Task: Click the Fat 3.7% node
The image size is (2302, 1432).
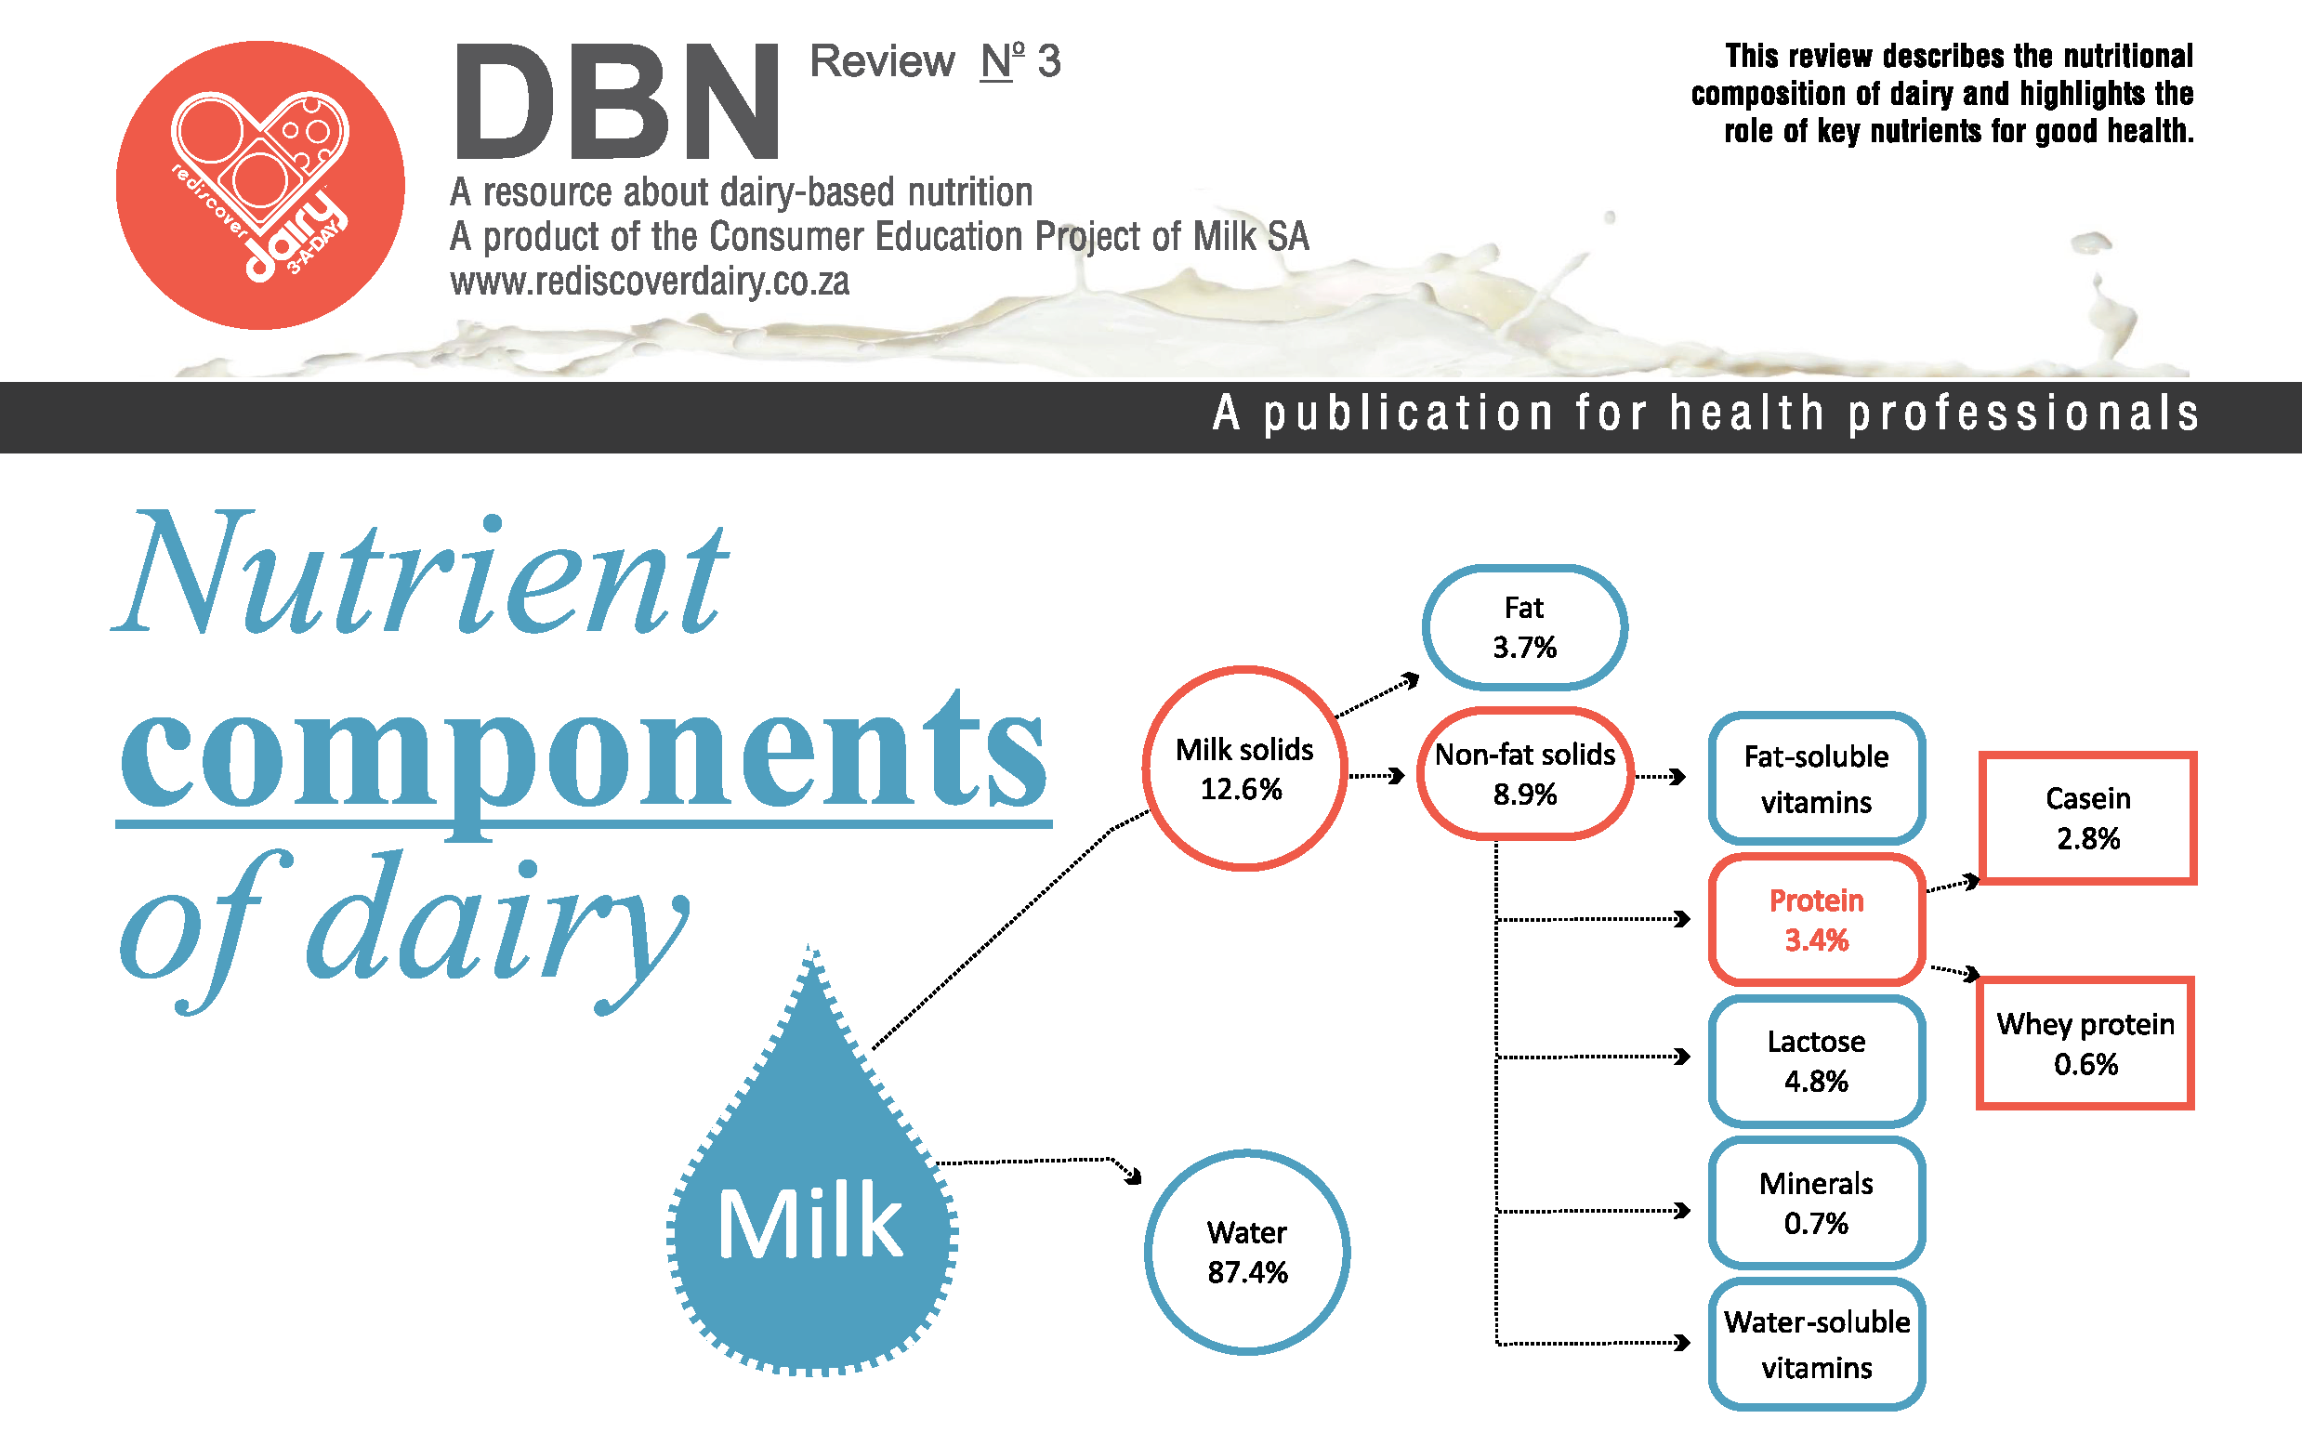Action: pyautogui.click(x=1523, y=627)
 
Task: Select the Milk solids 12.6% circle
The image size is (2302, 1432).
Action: pyautogui.click(x=1244, y=769)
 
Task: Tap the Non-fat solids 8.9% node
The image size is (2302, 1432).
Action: pyautogui.click(x=1524, y=774)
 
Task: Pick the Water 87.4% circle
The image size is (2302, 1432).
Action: pyautogui.click(x=1247, y=1252)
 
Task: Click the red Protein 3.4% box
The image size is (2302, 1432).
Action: pyautogui.click(x=1816, y=920)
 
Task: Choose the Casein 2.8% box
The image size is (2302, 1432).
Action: pyautogui.click(x=2087, y=819)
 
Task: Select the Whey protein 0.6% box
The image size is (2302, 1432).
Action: pyautogui.click(x=2085, y=1043)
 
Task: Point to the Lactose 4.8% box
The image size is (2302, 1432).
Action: pyautogui.click(x=1816, y=1060)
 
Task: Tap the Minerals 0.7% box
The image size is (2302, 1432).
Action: pyautogui.click(x=1816, y=1202)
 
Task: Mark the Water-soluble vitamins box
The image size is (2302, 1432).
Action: pyautogui.click(x=1816, y=1344)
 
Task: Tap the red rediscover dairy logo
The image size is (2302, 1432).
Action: pyautogui.click(x=260, y=185)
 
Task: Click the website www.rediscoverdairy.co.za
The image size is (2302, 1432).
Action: pyautogui.click(x=650, y=282)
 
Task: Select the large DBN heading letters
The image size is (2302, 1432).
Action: pyautogui.click(x=617, y=101)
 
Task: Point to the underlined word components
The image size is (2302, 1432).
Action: pyautogui.click(x=584, y=757)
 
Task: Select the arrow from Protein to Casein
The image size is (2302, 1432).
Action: pyautogui.click(x=1953, y=886)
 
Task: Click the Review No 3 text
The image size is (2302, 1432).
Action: pyautogui.click(x=936, y=61)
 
